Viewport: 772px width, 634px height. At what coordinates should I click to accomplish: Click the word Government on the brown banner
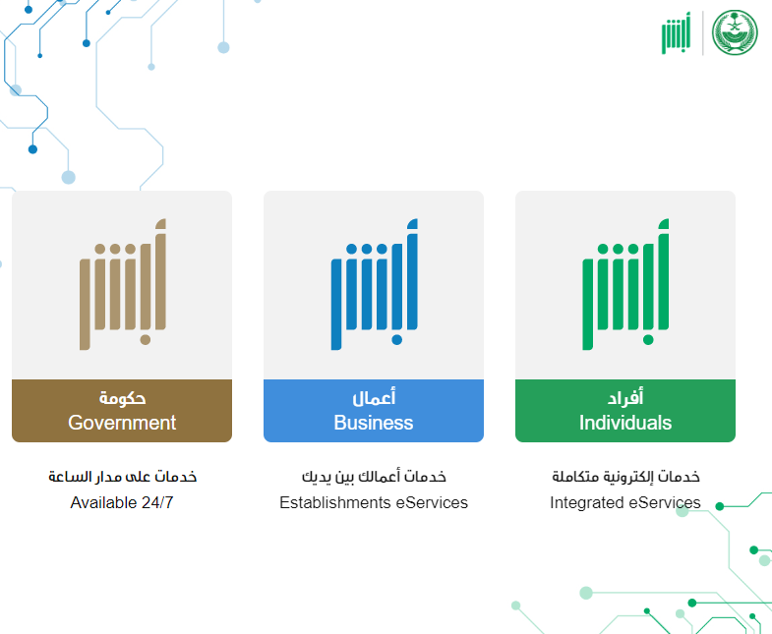pos(122,423)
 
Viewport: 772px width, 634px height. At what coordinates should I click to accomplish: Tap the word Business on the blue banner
pos(374,423)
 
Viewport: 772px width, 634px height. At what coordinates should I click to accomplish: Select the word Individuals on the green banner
pos(625,423)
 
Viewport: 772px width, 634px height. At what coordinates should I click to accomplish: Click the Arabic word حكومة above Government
pos(122,398)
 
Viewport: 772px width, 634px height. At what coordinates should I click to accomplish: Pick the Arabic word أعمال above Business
pos(374,397)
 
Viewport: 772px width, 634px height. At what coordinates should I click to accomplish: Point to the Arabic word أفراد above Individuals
pos(625,397)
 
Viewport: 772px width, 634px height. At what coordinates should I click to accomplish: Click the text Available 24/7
pos(122,502)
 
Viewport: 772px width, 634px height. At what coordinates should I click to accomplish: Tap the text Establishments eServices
pos(374,502)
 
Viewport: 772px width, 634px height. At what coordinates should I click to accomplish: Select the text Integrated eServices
pos(625,502)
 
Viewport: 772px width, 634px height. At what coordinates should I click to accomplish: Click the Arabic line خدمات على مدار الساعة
pos(123,477)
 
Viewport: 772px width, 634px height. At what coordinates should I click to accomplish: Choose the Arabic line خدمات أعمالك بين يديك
pos(374,477)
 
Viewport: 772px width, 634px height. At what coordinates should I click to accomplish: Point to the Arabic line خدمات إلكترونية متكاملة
pos(625,477)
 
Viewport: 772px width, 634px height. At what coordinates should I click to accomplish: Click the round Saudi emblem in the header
pos(735,32)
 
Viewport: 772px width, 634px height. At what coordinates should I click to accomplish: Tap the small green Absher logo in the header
pos(676,33)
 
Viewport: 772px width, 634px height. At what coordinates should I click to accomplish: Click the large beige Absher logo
pos(123,284)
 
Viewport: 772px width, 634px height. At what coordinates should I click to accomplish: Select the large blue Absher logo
pos(374,284)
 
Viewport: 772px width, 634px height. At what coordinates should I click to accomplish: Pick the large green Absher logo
pos(625,284)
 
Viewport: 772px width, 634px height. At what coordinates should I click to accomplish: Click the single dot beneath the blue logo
pos(397,340)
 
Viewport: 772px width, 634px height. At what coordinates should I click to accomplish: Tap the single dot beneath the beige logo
pos(146,340)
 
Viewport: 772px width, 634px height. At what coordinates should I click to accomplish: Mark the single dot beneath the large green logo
pos(648,340)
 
